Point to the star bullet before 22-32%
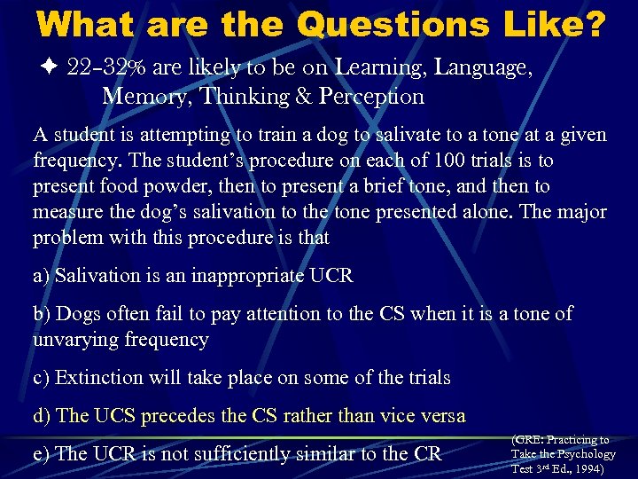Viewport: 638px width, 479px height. point(47,66)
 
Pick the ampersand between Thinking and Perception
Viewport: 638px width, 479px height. point(307,95)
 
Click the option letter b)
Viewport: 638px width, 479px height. point(42,313)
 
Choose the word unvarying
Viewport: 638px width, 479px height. point(76,339)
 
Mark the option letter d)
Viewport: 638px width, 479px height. point(42,416)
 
